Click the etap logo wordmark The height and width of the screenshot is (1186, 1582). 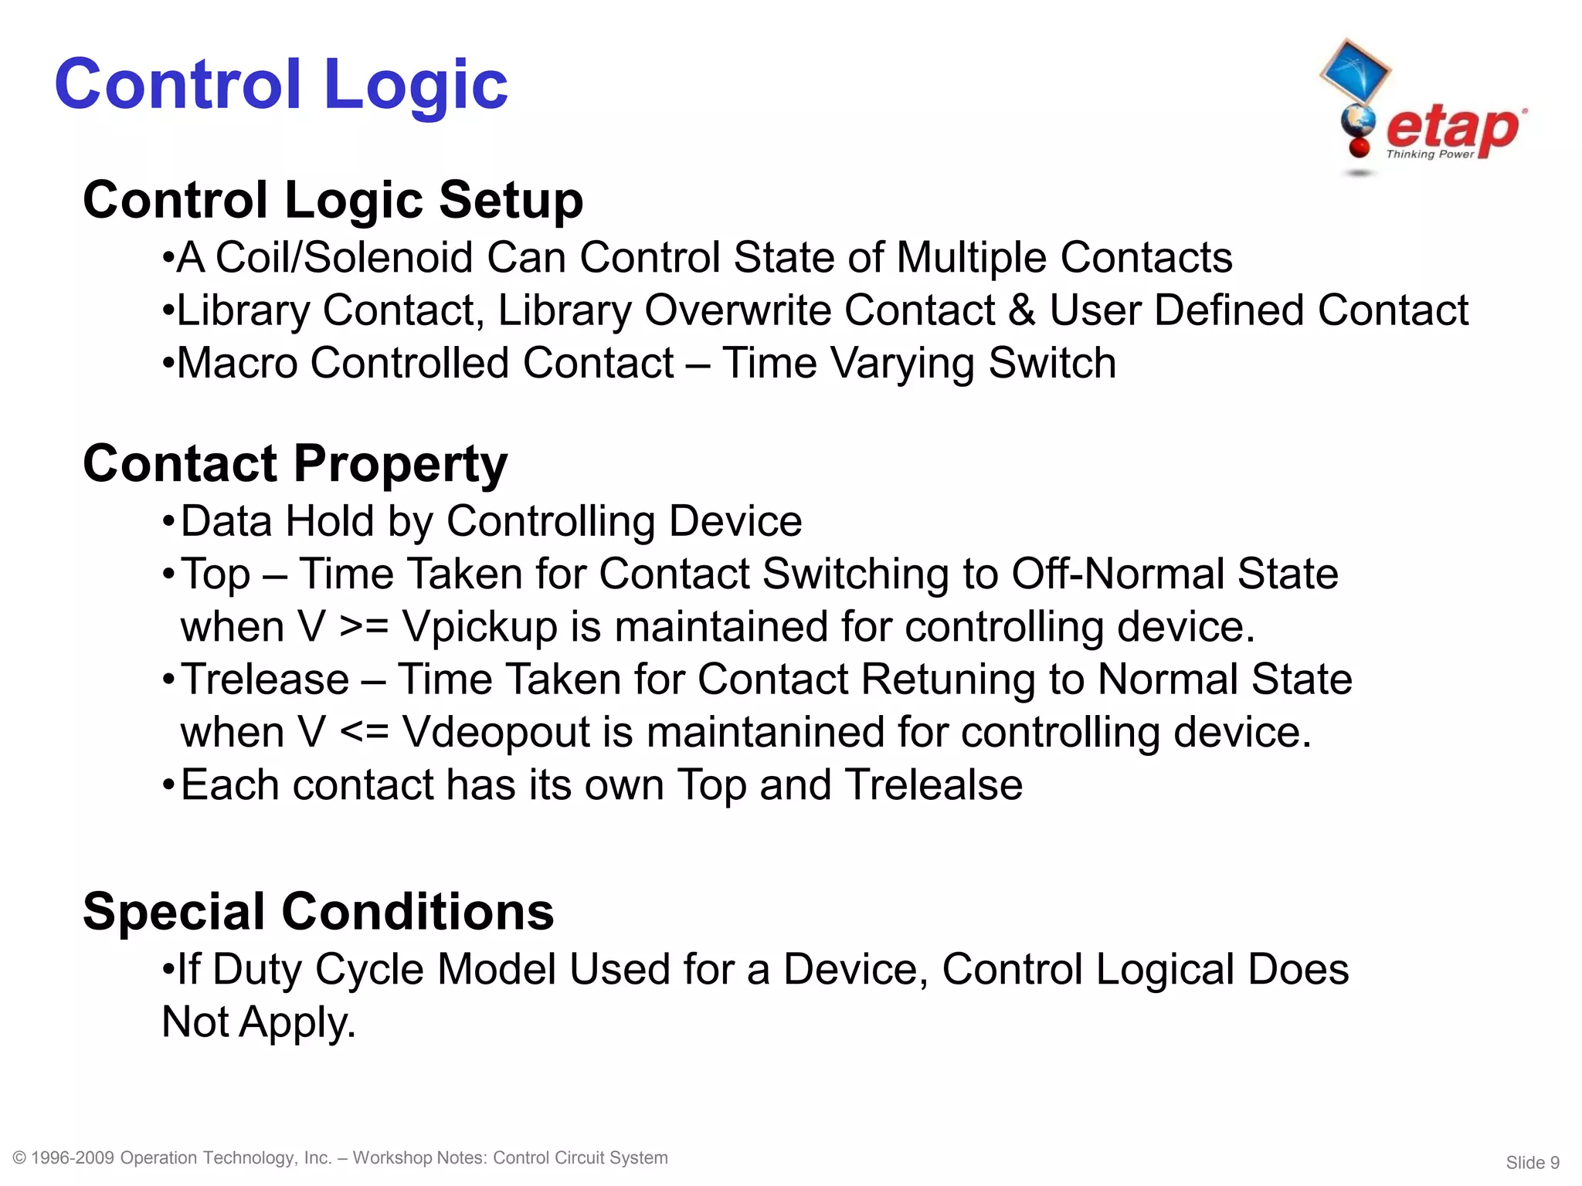point(1452,129)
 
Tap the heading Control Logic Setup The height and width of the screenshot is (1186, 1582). point(333,200)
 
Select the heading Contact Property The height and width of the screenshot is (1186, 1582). point(295,463)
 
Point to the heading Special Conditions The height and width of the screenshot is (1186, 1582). point(318,911)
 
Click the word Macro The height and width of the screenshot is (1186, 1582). point(237,363)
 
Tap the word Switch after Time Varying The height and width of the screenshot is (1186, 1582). point(1052,363)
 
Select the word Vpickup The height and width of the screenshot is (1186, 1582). point(480,626)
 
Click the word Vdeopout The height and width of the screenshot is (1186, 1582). point(496,732)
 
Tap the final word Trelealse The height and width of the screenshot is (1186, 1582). point(933,785)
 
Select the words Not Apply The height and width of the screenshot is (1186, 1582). point(259,1022)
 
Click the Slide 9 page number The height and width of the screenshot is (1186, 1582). point(1533,1163)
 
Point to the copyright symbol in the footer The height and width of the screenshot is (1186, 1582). point(20,1157)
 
